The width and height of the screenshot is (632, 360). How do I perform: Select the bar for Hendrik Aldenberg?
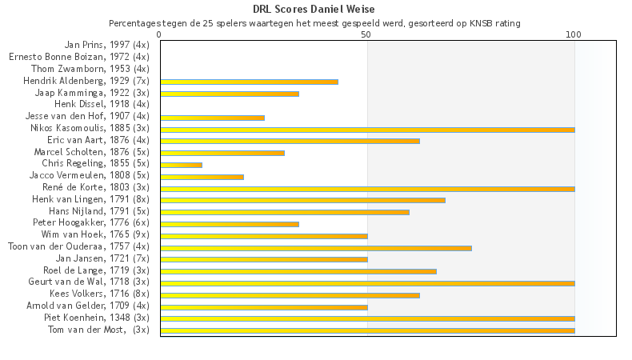tap(249, 82)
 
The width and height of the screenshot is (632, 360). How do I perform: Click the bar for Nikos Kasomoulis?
tap(367, 129)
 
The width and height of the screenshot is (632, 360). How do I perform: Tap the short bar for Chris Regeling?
tap(181, 165)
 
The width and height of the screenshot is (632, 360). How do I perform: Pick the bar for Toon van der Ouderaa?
tap(316, 248)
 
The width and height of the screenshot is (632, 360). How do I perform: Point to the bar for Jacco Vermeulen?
tap(202, 177)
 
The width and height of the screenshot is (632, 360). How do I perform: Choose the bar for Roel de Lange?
tap(298, 271)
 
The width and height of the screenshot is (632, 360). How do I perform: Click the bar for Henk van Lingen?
tap(302, 200)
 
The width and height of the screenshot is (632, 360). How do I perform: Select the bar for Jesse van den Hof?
tap(212, 118)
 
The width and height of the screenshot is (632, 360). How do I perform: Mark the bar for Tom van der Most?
tap(367, 330)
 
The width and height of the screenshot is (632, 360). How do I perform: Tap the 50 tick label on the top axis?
tap(366, 35)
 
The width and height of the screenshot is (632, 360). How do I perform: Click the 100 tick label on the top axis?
tap(574, 35)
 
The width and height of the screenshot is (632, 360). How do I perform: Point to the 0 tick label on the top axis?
tap(160, 35)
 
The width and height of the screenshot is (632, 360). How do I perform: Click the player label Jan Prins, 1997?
tap(106, 45)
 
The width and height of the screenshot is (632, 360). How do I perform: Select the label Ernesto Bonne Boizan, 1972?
tap(78, 57)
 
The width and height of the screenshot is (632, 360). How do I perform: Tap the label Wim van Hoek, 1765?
tap(95, 234)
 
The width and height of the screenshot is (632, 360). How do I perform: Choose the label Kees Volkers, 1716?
tap(99, 294)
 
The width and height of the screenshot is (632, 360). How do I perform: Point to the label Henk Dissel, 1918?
tap(102, 104)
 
